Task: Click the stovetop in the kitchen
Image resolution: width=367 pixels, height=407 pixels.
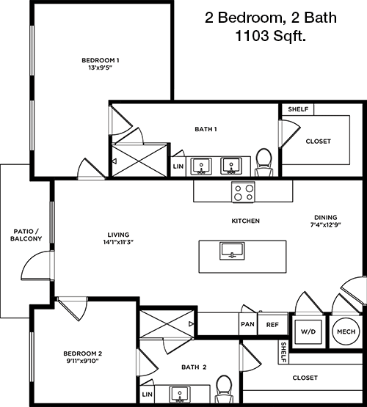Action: (243, 192)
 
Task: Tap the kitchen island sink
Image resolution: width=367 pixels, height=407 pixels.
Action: (232, 251)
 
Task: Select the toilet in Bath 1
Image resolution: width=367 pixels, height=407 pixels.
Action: (264, 163)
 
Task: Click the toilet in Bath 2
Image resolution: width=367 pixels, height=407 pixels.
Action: (224, 389)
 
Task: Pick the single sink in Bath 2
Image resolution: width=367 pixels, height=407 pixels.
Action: (180, 395)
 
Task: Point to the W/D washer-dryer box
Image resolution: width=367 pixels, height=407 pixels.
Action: (308, 331)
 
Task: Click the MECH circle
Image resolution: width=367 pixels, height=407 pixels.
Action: (346, 331)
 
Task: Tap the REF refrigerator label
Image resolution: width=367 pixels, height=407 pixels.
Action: (272, 325)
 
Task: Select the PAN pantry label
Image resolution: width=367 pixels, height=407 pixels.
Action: (248, 324)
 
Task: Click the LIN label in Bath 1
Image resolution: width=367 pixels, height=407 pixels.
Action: (178, 166)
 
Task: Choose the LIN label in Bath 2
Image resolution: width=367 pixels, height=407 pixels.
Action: (148, 395)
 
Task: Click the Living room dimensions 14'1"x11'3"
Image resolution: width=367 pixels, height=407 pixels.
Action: (118, 242)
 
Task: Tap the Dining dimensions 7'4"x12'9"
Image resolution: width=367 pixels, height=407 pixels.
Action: (326, 225)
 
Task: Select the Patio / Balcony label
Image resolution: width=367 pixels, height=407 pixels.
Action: (26, 235)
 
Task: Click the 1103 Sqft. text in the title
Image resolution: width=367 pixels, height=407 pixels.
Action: (270, 35)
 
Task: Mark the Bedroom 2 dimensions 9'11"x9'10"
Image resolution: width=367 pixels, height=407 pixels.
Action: (83, 361)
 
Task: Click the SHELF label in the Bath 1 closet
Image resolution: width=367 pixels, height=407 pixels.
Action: (298, 109)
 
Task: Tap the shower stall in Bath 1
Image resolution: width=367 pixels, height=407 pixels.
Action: (139, 161)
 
